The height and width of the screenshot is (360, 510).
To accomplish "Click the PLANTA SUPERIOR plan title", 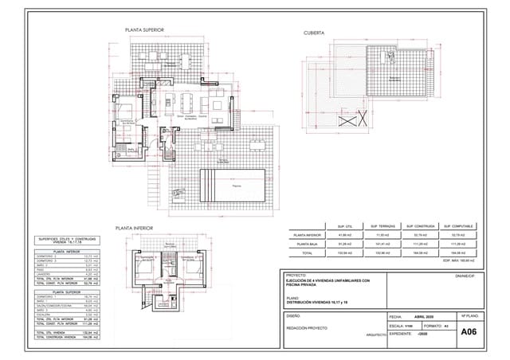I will tap(144, 30).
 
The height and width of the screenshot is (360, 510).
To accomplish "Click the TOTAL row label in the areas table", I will tap(307, 252).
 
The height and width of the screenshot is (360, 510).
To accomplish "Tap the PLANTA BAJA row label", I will tap(307, 244).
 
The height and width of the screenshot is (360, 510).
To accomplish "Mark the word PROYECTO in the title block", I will tap(296, 276).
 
